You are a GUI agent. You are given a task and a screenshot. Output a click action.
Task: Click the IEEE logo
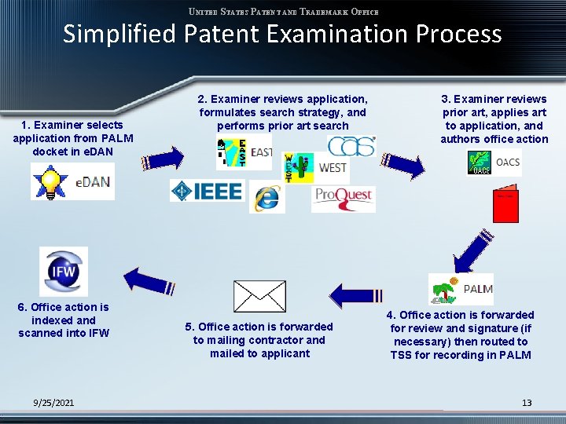[x=208, y=191]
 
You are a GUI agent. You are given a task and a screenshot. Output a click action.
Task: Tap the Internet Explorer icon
[x=266, y=198]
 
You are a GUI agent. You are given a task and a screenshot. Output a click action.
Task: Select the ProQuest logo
[x=344, y=197]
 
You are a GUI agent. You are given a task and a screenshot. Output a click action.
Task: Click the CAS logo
[x=351, y=146]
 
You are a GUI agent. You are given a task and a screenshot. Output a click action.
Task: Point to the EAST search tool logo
[x=244, y=152]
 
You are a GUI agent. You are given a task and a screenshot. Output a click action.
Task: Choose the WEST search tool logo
[x=315, y=167]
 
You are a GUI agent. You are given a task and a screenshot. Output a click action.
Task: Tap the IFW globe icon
[x=64, y=271]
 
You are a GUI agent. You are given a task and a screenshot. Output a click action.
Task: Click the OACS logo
[x=494, y=163]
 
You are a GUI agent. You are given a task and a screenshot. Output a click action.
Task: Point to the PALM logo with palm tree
[x=461, y=289]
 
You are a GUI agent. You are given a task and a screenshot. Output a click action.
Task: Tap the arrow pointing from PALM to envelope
[x=356, y=294]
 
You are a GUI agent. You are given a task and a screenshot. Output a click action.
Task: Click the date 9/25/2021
[x=54, y=403]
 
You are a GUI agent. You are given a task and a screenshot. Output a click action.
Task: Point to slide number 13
[x=527, y=403]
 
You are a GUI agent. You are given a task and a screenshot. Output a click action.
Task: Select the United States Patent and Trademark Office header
[x=283, y=12]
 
